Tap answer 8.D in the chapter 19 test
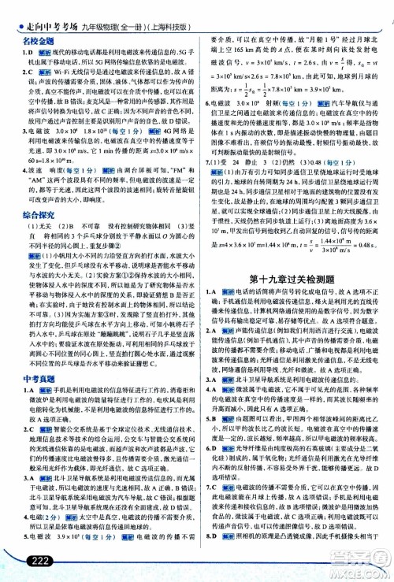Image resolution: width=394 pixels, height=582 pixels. [211, 556]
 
